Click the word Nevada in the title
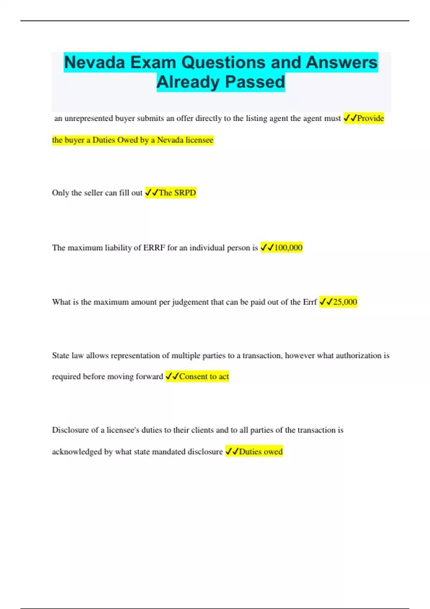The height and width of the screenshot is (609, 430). (94, 62)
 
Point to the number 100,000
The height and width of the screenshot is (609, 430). (288, 248)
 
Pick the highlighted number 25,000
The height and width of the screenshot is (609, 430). (345, 302)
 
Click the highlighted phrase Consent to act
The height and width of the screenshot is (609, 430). (204, 377)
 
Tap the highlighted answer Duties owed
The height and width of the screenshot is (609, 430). (261, 452)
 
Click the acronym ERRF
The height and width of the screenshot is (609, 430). (154, 248)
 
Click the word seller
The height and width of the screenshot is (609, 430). (93, 193)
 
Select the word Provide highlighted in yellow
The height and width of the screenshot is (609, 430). (370, 118)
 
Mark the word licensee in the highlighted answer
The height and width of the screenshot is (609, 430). (199, 140)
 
